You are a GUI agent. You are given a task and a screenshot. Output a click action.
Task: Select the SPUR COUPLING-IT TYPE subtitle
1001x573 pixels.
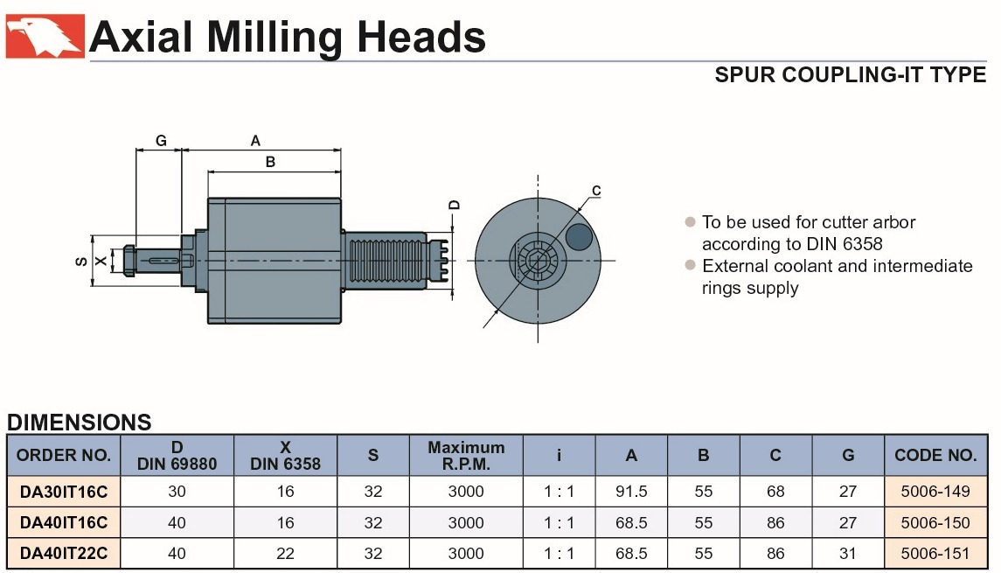tap(850, 74)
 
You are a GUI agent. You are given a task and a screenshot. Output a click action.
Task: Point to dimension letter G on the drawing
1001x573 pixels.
tap(161, 141)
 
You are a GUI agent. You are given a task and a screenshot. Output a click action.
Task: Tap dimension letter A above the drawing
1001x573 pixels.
tap(255, 140)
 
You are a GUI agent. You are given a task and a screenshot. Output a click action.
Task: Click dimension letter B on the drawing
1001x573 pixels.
tap(270, 162)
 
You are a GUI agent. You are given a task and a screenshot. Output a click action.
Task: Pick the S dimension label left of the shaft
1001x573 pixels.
tap(80, 260)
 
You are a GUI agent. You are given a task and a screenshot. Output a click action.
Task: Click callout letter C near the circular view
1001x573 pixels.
tap(596, 190)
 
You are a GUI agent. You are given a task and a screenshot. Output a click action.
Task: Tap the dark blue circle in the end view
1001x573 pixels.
tap(578, 236)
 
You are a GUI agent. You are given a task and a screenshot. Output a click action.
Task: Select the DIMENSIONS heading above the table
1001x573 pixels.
tap(80, 423)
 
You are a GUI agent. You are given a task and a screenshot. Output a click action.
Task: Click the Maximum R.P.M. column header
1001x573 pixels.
tap(466, 455)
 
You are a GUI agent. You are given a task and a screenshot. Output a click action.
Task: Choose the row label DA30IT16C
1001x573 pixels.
tap(64, 492)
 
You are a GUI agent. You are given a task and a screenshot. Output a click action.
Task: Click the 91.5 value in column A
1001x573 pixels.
tap(631, 492)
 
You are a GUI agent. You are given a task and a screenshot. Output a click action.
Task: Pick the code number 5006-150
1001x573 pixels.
tap(935, 523)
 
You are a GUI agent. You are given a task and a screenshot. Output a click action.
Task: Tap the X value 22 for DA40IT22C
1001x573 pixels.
tap(286, 554)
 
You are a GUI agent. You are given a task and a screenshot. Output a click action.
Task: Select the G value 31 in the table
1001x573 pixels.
tap(848, 554)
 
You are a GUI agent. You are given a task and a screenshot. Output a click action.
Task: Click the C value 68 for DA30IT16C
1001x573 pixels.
tap(775, 492)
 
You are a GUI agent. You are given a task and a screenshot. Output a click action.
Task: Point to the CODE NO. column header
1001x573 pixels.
tap(935, 455)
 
